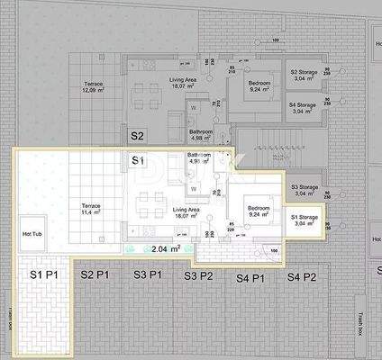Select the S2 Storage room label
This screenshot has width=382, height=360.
click(303, 76)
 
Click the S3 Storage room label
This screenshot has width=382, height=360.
click(304, 190)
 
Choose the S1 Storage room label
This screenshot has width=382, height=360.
click(304, 220)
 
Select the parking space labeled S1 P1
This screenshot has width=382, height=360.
click(45, 274)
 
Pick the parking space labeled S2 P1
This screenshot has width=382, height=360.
click(95, 274)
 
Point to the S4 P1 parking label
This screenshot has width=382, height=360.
click(251, 276)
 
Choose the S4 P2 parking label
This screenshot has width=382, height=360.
click(303, 276)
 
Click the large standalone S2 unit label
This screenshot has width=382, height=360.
click(137, 136)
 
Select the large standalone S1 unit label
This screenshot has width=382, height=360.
click(137, 160)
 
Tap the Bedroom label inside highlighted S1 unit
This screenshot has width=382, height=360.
click(259, 211)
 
